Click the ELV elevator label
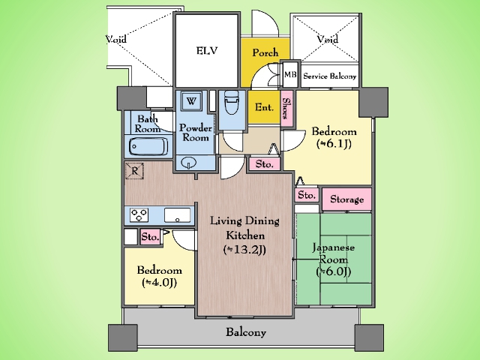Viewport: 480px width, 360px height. pyautogui.click(x=207, y=50)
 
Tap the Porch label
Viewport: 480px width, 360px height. pyautogui.click(x=265, y=52)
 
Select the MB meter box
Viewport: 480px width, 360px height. pyautogui.click(x=290, y=74)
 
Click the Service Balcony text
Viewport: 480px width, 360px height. pyautogui.click(x=330, y=76)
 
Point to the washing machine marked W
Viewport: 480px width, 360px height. pyautogui.click(x=191, y=101)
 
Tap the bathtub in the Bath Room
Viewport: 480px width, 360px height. pyautogui.click(x=148, y=147)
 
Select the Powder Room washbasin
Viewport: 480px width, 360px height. pyautogui.click(x=188, y=163)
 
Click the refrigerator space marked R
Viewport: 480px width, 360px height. pyautogui.click(x=134, y=171)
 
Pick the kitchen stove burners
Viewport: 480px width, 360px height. pyautogui.click(x=139, y=215)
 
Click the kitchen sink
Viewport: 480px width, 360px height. pyautogui.click(x=177, y=215)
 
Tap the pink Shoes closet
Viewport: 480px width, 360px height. pyautogui.click(x=286, y=108)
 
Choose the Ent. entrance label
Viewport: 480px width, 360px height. pyautogui.click(x=264, y=107)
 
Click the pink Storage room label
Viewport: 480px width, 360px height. pyautogui.click(x=346, y=199)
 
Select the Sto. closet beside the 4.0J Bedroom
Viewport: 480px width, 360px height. pyautogui.click(x=150, y=237)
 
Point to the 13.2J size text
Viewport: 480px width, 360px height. pyautogui.click(x=244, y=250)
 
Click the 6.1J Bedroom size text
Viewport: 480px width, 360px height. pyautogui.click(x=334, y=143)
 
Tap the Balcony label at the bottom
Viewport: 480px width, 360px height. pyautogui.click(x=246, y=332)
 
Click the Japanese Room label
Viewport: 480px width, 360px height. pyautogui.click(x=333, y=253)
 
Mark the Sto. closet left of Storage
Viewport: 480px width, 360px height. pyautogui.click(x=307, y=195)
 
